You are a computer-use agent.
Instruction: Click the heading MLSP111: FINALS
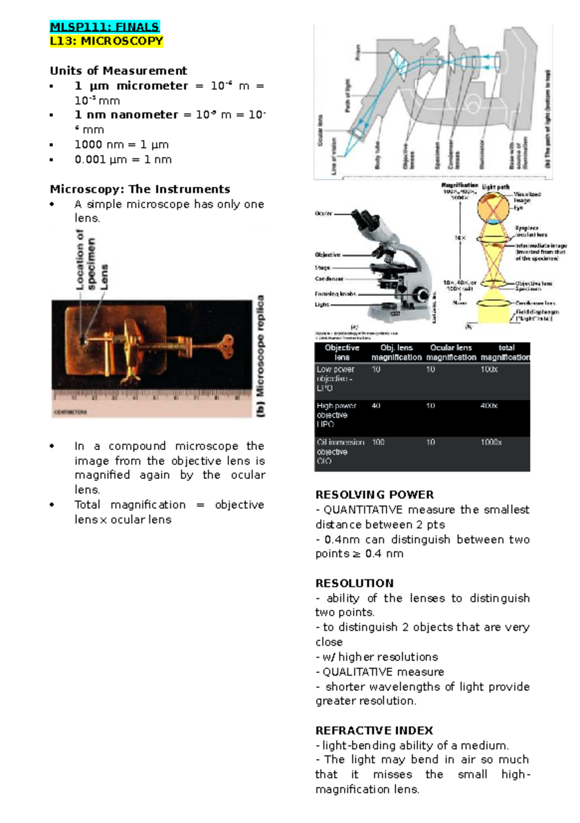pos(104,27)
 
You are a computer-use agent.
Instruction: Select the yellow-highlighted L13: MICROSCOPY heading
pos(106,41)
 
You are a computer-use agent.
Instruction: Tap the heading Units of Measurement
pos(118,71)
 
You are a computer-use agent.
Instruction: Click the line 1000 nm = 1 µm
pos(121,145)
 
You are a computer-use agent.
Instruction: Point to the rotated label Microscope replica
pos(261,355)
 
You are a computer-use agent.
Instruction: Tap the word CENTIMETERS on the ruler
pos(71,412)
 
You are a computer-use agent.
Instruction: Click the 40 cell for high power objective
pos(376,406)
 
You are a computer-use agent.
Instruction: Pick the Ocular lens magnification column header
pos(450,353)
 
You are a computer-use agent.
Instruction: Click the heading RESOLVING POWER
pos(375,495)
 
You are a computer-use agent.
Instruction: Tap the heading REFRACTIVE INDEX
pos(374,730)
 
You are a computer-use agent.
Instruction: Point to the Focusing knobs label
pos(335,294)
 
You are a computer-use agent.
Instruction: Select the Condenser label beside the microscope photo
pos(329,279)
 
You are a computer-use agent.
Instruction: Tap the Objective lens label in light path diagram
pos(534,283)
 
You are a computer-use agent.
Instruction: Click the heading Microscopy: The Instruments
pos(140,189)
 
